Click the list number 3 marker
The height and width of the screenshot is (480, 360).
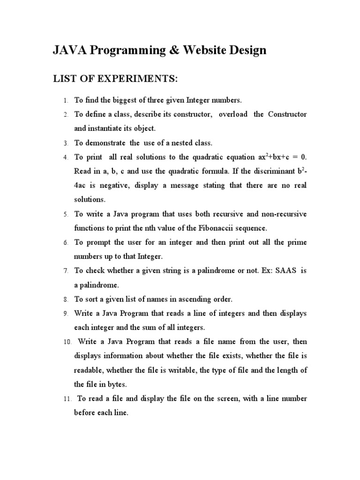66,143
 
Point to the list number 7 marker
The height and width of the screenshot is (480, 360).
66,271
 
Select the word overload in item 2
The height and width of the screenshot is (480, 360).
233,114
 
